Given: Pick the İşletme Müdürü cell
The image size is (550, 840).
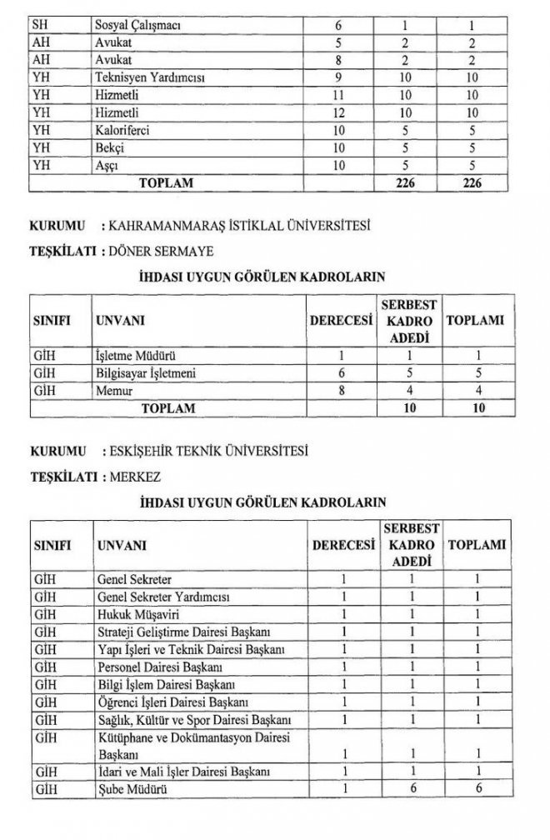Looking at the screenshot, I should [x=135, y=354].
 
